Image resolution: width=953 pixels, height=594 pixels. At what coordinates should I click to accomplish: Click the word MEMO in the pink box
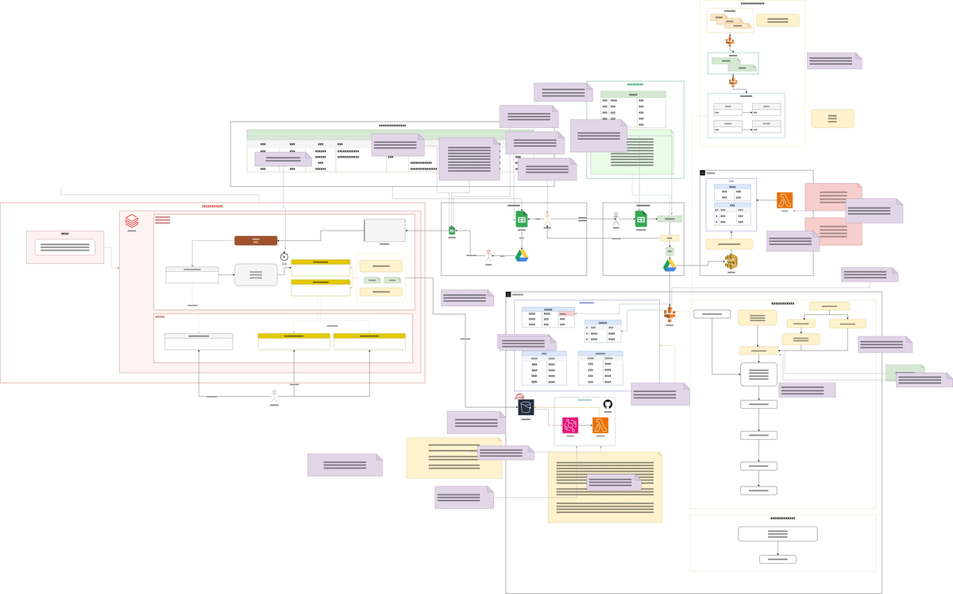[65, 234]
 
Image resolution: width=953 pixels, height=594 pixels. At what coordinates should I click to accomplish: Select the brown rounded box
[256, 240]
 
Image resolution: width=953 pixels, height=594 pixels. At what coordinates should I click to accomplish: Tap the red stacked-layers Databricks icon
[132, 220]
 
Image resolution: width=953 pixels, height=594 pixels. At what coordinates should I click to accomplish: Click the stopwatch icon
[284, 257]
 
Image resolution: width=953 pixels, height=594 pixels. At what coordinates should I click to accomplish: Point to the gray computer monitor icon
[384, 230]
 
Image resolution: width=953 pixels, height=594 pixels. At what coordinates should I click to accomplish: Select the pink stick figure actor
[488, 255]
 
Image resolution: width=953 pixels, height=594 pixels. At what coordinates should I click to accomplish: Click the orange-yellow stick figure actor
[547, 217]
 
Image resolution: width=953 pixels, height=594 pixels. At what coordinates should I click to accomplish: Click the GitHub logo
[608, 405]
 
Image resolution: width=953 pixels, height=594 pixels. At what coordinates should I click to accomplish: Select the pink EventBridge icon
[569, 425]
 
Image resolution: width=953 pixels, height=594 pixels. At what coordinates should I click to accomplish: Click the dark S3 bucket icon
[526, 407]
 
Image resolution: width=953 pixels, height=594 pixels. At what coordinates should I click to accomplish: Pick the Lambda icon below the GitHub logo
[600, 425]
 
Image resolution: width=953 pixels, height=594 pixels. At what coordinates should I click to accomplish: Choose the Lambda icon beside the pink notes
[785, 200]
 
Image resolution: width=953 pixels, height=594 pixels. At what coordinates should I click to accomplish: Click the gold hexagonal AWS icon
[731, 262]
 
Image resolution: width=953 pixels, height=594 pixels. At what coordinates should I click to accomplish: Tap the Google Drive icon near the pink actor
[522, 255]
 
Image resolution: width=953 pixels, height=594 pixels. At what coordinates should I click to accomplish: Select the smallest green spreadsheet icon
[452, 231]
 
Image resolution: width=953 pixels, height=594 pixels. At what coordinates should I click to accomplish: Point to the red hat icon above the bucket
[519, 396]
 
